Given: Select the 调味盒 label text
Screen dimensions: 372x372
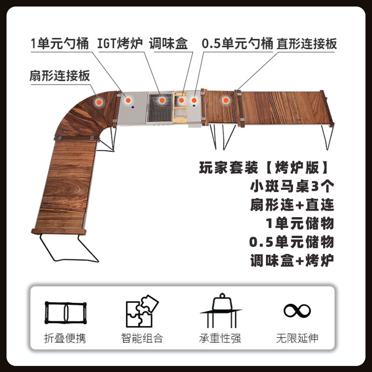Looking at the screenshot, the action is tap(168, 45).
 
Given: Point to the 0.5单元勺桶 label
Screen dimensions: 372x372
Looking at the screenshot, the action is tap(237, 45).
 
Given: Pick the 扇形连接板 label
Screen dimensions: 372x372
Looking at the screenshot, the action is tap(59, 76).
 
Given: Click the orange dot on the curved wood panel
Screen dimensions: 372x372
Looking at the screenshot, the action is tap(99, 101).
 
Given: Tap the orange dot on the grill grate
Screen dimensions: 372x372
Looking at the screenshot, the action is tap(162, 100).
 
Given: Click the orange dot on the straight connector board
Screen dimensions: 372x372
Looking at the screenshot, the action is tap(226, 100).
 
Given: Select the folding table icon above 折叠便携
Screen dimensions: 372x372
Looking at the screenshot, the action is tap(66, 313).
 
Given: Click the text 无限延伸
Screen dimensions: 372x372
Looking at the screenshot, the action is tap(297, 338).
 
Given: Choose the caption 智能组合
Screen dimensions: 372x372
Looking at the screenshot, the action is tap(142, 338).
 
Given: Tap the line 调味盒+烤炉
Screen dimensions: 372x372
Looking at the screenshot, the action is tap(292, 261).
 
